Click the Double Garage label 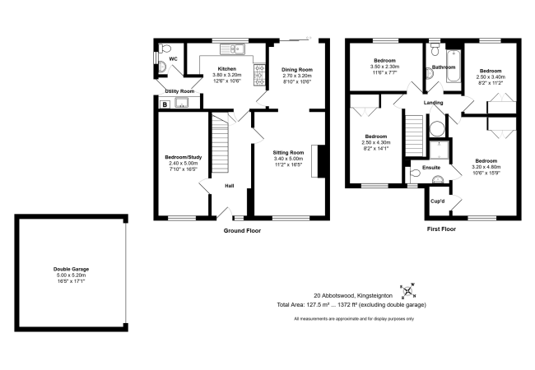(x=71, y=269)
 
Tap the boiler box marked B (x=165, y=104)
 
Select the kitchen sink (x=232, y=49)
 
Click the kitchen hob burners (x=259, y=75)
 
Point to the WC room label (x=174, y=59)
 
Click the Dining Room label (x=297, y=70)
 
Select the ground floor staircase (x=220, y=143)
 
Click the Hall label (x=230, y=186)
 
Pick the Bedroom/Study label (x=184, y=157)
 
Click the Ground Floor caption (x=242, y=231)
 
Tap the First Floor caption (x=441, y=229)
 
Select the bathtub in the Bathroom (x=454, y=66)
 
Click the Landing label (x=433, y=103)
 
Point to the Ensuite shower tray (x=440, y=150)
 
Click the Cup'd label (x=437, y=201)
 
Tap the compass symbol (x=407, y=291)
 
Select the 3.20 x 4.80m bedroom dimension (x=486, y=167)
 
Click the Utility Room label (x=179, y=91)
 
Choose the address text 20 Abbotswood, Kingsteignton (x=353, y=296)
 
